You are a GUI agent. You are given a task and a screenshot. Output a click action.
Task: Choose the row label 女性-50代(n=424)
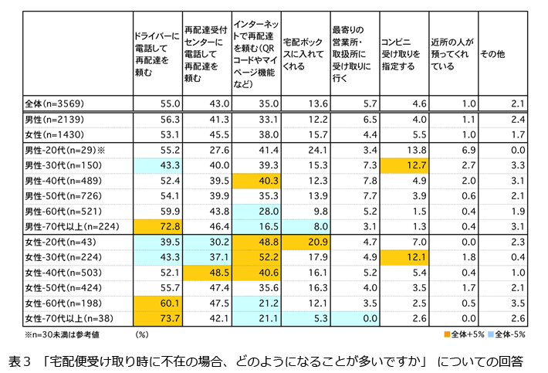[57, 287]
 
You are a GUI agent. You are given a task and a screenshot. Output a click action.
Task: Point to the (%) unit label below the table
[141, 334]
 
